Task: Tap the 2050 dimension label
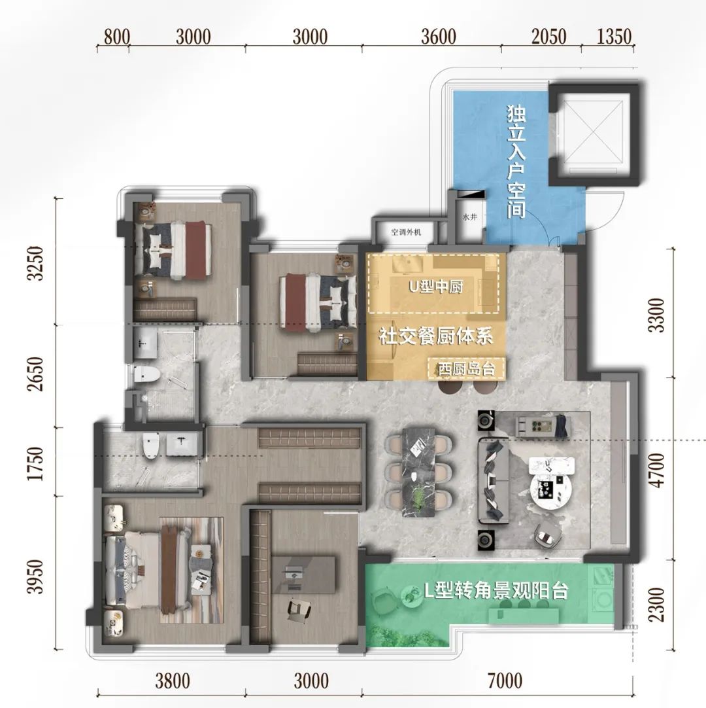coord(548,37)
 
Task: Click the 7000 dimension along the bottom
coord(504,681)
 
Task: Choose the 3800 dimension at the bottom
coord(172,681)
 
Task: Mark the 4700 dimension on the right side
coord(658,470)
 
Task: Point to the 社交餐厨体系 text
coord(435,337)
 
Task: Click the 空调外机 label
coord(407,232)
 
